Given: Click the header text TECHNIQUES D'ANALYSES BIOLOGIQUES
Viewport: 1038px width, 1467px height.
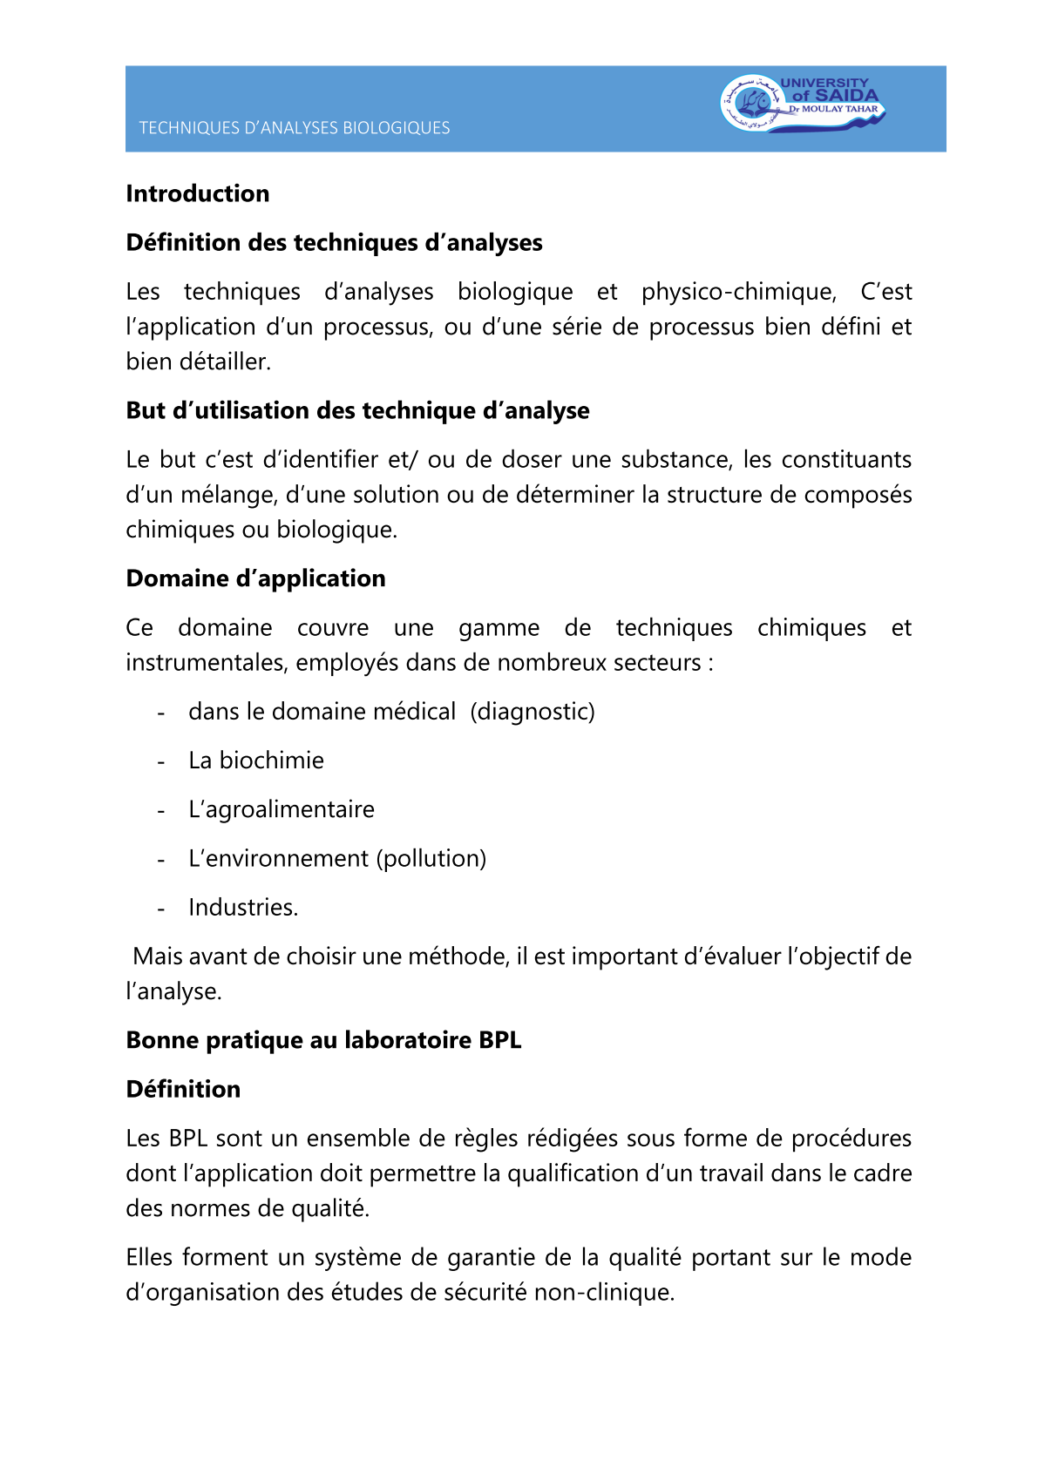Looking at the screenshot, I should point(295,128).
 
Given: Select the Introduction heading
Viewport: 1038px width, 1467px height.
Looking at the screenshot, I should point(198,193).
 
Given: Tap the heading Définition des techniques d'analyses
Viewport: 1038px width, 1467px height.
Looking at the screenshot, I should point(334,242).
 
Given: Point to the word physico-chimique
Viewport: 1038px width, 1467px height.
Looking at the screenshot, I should point(738,292).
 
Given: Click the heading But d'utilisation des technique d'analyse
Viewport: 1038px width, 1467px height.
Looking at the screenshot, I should point(357,410).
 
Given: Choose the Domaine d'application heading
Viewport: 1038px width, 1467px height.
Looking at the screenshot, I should point(255,578).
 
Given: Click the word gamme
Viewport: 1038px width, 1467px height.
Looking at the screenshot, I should point(499,628).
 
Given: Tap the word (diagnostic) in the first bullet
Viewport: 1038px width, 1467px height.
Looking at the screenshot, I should point(533,712).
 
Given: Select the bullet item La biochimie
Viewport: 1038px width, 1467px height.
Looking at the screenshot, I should point(256,761).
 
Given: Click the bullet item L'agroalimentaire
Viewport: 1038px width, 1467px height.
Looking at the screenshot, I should point(282,809).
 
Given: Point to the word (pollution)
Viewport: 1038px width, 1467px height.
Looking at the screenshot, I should point(431,859).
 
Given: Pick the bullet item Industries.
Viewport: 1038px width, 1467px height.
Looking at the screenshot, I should point(243,908).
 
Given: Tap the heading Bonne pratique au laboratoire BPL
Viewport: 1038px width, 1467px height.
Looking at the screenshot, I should point(323,1040).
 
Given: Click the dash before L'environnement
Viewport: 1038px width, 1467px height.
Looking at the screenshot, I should point(161,860).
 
